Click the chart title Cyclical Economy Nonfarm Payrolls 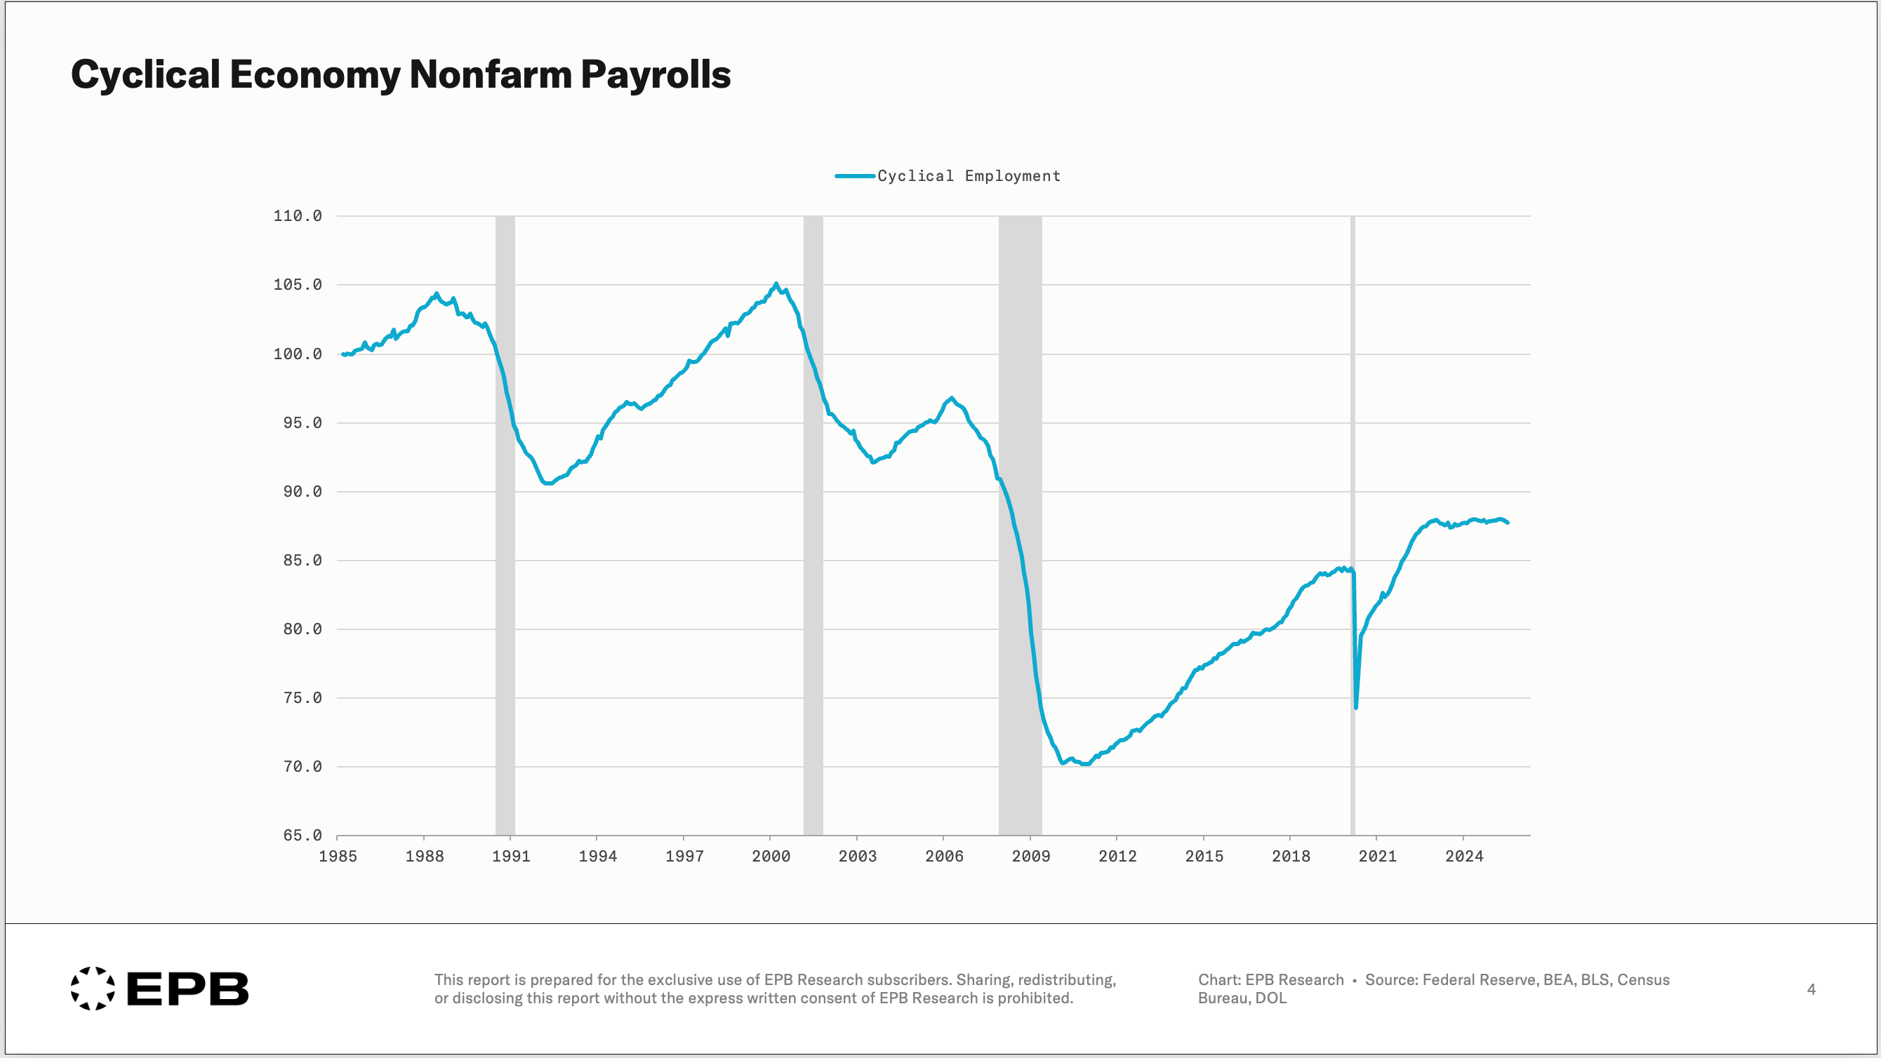click(x=400, y=74)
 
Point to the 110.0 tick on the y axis click(x=297, y=216)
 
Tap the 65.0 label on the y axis click(x=303, y=836)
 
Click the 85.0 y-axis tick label click(x=303, y=561)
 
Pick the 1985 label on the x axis click(x=338, y=857)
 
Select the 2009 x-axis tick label click(x=1030, y=857)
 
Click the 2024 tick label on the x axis click(x=1463, y=857)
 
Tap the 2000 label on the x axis click(x=771, y=857)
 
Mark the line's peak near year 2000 click(x=776, y=284)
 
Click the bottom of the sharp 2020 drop click(x=1355, y=707)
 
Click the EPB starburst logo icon click(x=93, y=989)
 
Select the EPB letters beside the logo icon click(x=187, y=989)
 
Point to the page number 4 click(x=1811, y=989)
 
